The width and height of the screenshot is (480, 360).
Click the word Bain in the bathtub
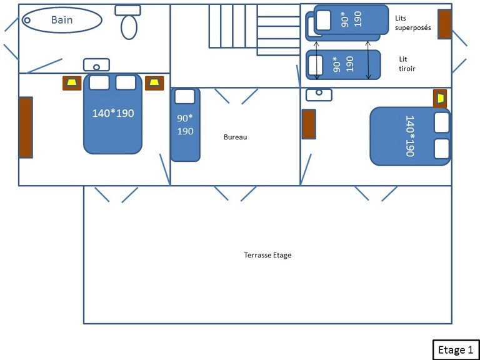pyautogui.click(x=62, y=20)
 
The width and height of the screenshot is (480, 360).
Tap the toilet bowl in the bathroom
pyautogui.click(x=129, y=27)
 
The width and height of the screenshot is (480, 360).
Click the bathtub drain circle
pyautogui.click(x=27, y=20)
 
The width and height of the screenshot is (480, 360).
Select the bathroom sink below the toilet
pyautogui.click(x=96, y=65)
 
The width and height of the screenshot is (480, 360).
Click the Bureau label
pyautogui.click(x=235, y=137)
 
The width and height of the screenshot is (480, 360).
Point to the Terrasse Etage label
pyautogui.click(x=267, y=255)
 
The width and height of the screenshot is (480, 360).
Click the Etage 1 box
pyautogui.click(x=456, y=349)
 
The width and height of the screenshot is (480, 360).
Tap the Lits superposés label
pyautogui.click(x=412, y=23)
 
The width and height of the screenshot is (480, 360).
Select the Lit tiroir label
pyautogui.click(x=407, y=64)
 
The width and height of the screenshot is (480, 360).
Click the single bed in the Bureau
pyautogui.click(x=185, y=124)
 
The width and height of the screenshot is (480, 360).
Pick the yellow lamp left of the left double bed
pyautogui.click(x=72, y=83)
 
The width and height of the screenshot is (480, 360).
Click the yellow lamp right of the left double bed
pyautogui.click(x=154, y=83)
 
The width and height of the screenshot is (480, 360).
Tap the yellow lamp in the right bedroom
pyautogui.click(x=440, y=99)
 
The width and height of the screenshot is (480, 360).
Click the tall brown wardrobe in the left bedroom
pyautogui.click(x=26, y=127)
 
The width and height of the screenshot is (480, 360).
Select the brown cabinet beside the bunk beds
pyautogui.click(x=445, y=24)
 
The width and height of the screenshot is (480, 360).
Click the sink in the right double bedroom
pyautogui.click(x=319, y=94)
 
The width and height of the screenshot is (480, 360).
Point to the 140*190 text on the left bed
pyautogui.click(x=113, y=114)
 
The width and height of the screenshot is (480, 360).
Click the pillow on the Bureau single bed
pyautogui.click(x=184, y=96)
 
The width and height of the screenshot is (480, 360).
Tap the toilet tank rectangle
pyautogui.click(x=127, y=11)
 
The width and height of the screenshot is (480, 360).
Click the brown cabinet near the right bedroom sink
pyautogui.click(x=309, y=124)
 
